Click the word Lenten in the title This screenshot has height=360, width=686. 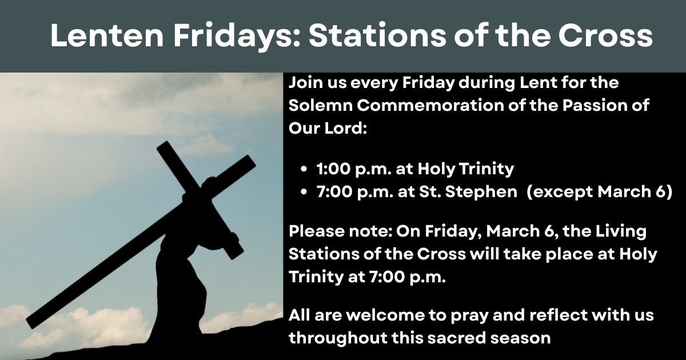[107, 35]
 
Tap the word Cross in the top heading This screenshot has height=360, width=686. [605, 35]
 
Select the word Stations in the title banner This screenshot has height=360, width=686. [377, 35]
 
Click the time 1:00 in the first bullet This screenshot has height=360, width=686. [333, 169]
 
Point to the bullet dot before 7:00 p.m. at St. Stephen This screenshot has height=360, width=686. [304, 192]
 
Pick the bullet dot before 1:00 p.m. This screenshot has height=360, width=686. [304, 169]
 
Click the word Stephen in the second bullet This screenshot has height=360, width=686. [481, 192]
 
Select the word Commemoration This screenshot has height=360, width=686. [430, 106]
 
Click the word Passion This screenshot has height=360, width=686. [592, 106]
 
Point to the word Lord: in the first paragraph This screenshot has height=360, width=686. [346, 128]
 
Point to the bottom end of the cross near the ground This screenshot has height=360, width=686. [31, 323]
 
